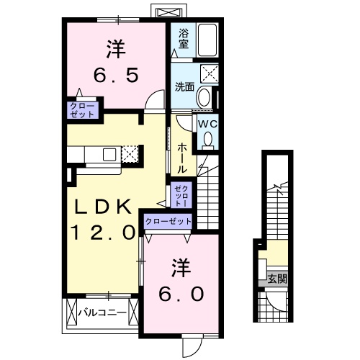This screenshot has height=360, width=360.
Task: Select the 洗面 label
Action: (x=184, y=87)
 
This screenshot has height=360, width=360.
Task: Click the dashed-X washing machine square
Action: (x=210, y=74)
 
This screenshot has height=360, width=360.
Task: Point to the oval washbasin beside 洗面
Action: (x=204, y=98)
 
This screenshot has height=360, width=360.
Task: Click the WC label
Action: (x=207, y=123)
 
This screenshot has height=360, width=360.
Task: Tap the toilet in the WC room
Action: (x=207, y=140)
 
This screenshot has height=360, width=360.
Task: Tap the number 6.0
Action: (x=181, y=294)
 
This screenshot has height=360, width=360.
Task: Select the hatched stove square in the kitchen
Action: (x=129, y=153)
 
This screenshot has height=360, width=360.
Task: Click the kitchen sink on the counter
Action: (x=109, y=153)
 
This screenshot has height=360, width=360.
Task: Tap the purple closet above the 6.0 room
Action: (x=168, y=222)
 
